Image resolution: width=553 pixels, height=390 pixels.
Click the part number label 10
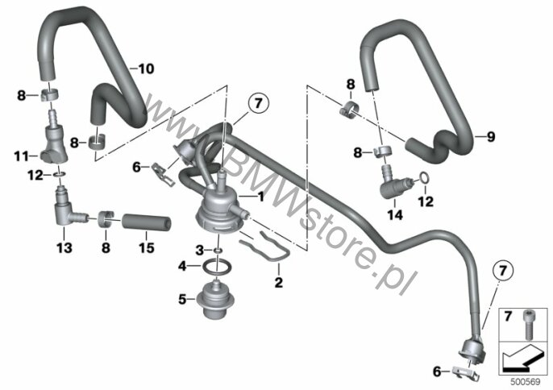[x=146, y=68]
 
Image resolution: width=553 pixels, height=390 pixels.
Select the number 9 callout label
[x=491, y=136]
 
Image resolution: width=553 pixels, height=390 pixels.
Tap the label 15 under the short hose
[x=147, y=247]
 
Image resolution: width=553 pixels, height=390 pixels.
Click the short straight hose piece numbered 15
[x=147, y=223]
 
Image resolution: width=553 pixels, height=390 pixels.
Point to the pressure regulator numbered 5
[x=215, y=300]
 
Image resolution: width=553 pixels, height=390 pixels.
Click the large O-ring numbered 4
[x=218, y=266]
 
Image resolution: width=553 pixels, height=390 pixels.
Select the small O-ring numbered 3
[x=218, y=251]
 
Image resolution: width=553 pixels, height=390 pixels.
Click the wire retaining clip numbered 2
[x=265, y=246]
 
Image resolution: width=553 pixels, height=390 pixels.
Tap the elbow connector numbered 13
[x=68, y=209]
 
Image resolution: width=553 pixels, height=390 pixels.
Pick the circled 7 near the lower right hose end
[x=502, y=271]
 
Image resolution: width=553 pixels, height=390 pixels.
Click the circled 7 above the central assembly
[x=259, y=103]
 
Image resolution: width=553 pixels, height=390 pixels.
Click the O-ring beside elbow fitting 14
[x=424, y=178]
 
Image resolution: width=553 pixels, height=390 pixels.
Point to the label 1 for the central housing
[x=260, y=197]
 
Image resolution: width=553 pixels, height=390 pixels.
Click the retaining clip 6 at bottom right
[x=466, y=371]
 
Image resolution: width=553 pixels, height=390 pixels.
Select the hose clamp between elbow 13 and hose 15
[x=106, y=219]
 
